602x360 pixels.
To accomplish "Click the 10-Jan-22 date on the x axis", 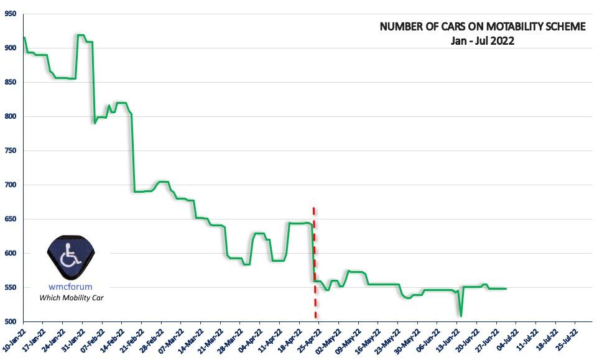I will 14,339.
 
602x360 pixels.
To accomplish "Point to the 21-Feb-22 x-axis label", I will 132,339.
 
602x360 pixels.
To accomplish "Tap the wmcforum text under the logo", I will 70,287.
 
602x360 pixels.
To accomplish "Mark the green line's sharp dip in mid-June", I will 461,316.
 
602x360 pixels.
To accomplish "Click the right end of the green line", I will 506,288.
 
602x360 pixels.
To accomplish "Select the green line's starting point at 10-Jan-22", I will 24,37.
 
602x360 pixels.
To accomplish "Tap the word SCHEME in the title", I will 564,27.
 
